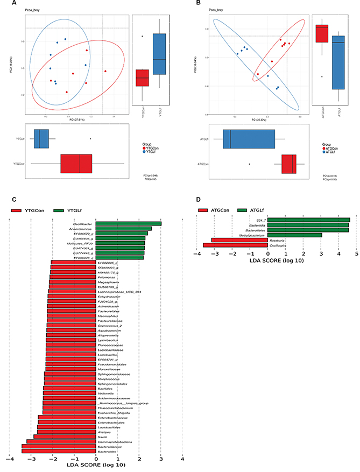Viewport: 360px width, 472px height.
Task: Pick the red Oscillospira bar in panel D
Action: [x=235, y=245]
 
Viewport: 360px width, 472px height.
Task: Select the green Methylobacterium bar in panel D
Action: [x=294, y=235]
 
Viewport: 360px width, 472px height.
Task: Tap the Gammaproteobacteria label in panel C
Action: [x=79, y=441]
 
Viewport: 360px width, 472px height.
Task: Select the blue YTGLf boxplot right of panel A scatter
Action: [x=159, y=54]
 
